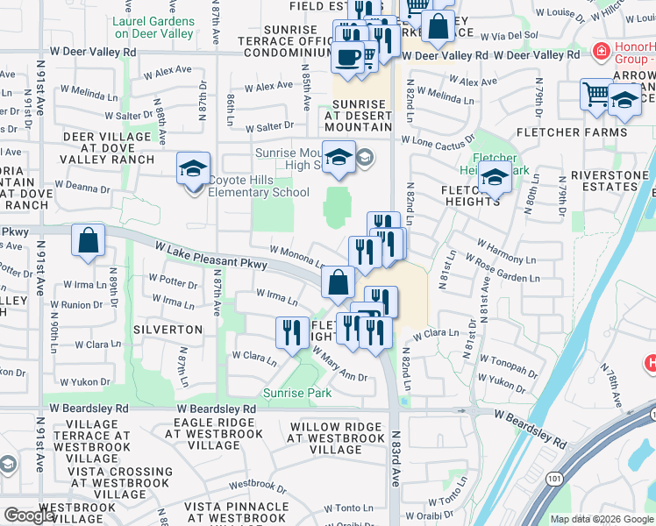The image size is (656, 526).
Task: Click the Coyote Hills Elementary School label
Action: (258, 193)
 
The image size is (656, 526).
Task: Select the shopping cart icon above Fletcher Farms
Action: (596, 93)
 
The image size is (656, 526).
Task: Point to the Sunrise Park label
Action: (298, 394)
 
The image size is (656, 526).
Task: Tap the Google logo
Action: (29, 515)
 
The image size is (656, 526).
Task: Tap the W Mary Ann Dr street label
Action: (339, 364)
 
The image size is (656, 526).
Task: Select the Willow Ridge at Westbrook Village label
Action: (335, 438)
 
